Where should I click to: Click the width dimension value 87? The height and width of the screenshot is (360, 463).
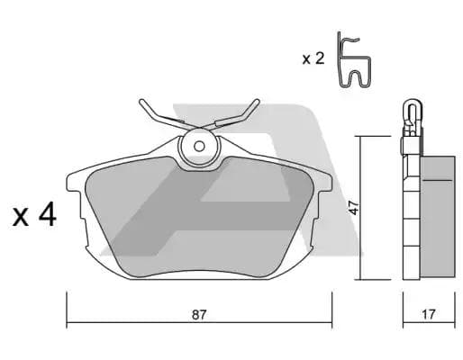(x=199, y=315)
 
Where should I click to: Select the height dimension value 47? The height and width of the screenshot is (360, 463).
(x=355, y=208)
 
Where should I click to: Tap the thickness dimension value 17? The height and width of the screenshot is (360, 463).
(x=429, y=314)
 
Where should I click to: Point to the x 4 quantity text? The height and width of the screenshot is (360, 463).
(x=34, y=214)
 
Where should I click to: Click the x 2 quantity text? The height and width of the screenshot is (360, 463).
(x=313, y=58)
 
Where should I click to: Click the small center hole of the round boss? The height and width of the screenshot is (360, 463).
(x=199, y=147)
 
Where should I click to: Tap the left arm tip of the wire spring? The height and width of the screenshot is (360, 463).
(x=141, y=102)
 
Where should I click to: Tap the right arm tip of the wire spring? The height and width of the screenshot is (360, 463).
(x=257, y=102)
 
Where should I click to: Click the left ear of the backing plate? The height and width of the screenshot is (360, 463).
(x=74, y=182)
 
